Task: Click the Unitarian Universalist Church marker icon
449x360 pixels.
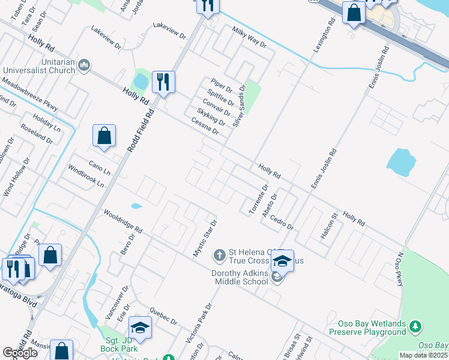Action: coord(84,65)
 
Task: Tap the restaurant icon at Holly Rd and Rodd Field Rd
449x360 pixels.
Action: coord(163,82)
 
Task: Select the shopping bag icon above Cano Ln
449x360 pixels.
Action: coord(104,136)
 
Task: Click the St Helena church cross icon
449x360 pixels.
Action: coord(220,256)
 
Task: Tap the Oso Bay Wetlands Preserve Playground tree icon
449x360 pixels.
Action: coord(415,327)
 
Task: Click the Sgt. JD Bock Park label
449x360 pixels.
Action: coord(118,344)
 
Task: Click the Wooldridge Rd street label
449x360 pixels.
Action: coord(122,221)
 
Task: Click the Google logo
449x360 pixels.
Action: coord(19,353)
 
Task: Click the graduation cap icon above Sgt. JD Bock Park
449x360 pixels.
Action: coord(139,327)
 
